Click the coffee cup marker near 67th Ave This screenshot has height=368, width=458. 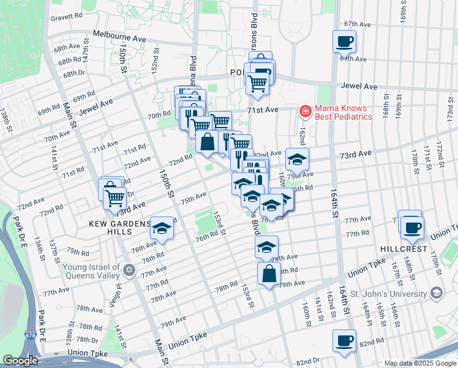[344, 42]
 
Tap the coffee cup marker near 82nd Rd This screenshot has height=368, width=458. [344, 340]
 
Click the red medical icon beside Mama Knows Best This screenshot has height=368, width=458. [304, 111]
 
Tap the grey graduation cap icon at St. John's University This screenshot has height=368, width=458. [435, 293]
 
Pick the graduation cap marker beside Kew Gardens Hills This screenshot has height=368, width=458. [162, 228]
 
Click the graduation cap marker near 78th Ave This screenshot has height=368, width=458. [266, 247]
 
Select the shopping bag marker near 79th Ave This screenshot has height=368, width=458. [269, 274]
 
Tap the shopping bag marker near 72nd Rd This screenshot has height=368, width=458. [208, 142]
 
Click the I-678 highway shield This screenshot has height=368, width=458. [30, 335]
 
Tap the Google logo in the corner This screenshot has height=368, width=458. [20, 361]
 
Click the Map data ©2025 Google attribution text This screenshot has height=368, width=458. [419, 363]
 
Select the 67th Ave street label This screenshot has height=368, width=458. [358, 25]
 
